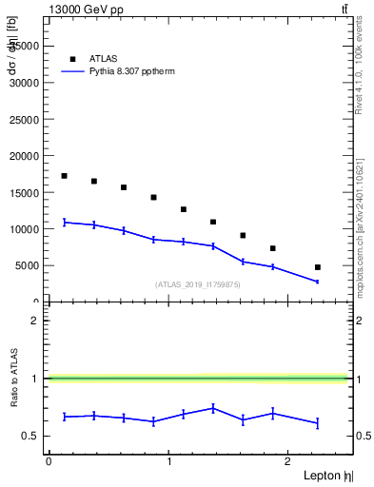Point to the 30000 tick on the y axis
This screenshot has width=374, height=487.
pyautogui.click(x=25, y=83)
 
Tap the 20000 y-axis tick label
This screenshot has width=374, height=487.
pyautogui.click(x=25, y=156)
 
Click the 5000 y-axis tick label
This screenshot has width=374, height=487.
pyautogui.click(x=28, y=266)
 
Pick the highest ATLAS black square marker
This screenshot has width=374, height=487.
pyautogui.click(x=64, y=176)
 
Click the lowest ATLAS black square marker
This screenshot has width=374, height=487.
pyautogui.click(x=318, y=267)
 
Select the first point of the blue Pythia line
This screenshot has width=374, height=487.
pyautogui.click(x=64, y=222)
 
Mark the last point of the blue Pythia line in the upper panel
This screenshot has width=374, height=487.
pyautogui.click(x=318, y=282)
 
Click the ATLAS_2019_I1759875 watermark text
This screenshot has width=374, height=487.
pyautogui.click(x=198, y=284)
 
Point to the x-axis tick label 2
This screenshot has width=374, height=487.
pyautogui.click(x=289, y=461)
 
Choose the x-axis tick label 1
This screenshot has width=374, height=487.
pyautogui.click(x=169, y=461)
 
